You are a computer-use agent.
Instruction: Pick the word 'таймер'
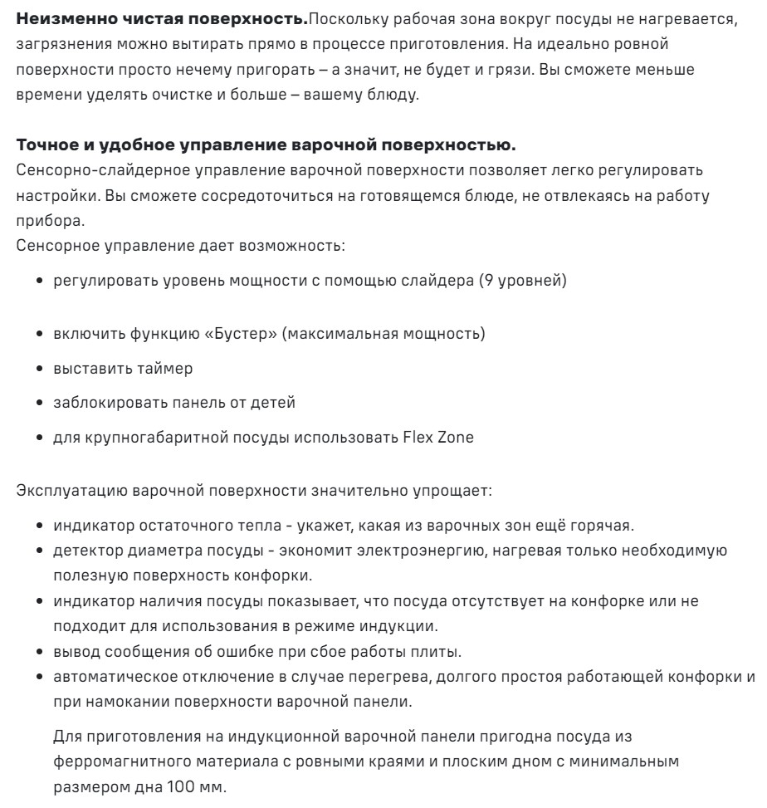(x=168, y=368)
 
